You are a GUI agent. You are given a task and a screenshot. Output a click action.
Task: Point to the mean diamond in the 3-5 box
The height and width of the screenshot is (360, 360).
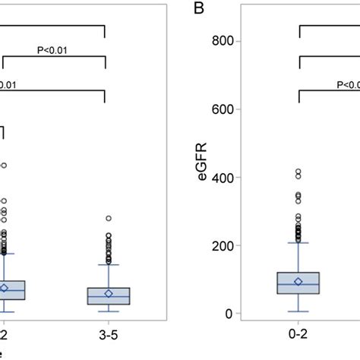[108, 294]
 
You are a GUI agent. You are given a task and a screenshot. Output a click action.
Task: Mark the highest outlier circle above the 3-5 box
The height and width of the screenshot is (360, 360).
[108, 219]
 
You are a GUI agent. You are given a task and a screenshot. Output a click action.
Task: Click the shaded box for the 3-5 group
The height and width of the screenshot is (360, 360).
[108, 296]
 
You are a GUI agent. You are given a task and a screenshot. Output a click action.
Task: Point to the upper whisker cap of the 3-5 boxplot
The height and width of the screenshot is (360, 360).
[108, 265]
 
